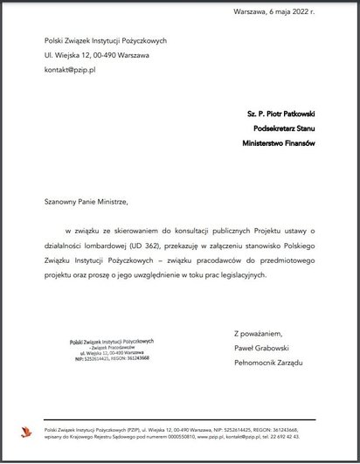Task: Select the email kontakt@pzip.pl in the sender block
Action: pos(70,69)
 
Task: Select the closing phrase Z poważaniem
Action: pos(259,332)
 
